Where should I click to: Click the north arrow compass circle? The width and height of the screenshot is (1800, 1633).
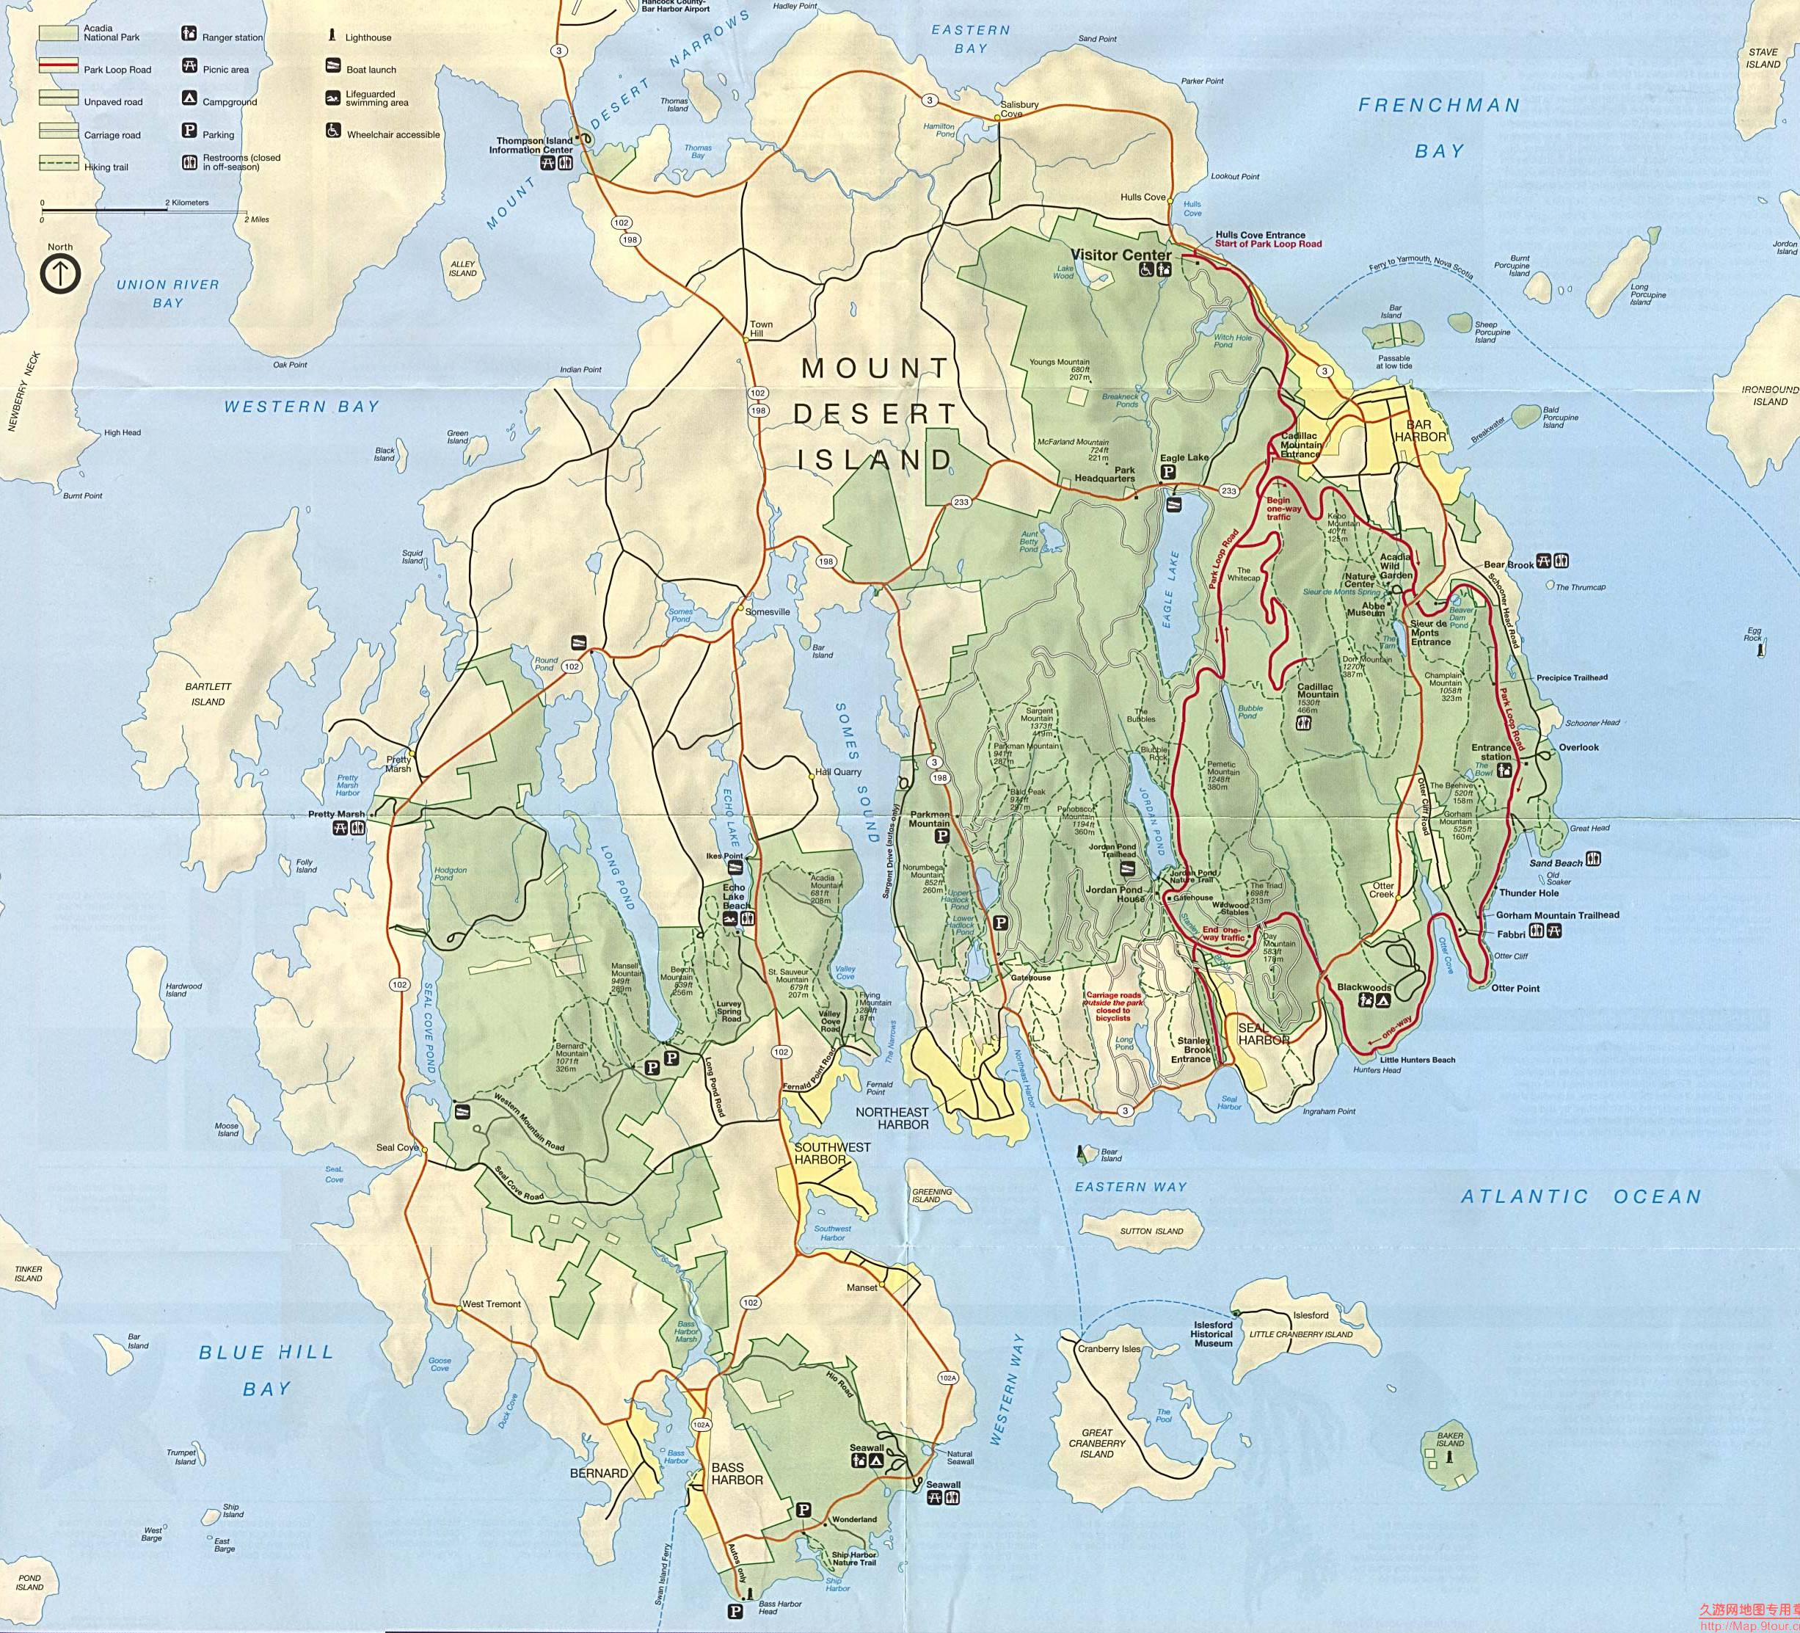[x=61, y=274]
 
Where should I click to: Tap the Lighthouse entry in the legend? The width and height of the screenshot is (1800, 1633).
[x=367, y=37]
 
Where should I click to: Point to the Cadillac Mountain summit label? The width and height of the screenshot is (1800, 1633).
[x=1318, y=689]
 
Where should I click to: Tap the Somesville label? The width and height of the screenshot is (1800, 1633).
[x=767, y=611]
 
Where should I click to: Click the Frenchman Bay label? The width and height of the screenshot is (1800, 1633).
[x=1438, y=127]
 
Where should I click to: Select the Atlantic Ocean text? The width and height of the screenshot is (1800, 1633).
[x=1581, y=1196]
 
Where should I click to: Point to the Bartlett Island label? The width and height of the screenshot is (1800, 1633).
[x=208, y=694]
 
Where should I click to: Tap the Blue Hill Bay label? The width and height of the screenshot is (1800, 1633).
[x=266, y=1370]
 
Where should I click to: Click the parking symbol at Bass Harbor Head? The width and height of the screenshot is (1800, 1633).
[x=735, y=1612]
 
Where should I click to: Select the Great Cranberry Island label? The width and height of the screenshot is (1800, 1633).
[x=1097, y=1443]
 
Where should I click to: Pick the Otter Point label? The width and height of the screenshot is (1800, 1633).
[x=1515, y=989]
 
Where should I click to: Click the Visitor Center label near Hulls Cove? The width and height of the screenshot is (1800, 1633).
[x=1121, y=255]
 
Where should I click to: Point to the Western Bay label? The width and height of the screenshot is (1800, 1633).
[x=301, y=407]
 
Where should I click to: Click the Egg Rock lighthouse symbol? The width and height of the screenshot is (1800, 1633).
[x=1760, y=651]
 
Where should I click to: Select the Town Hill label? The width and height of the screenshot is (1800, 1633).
[x=761, y=330]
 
